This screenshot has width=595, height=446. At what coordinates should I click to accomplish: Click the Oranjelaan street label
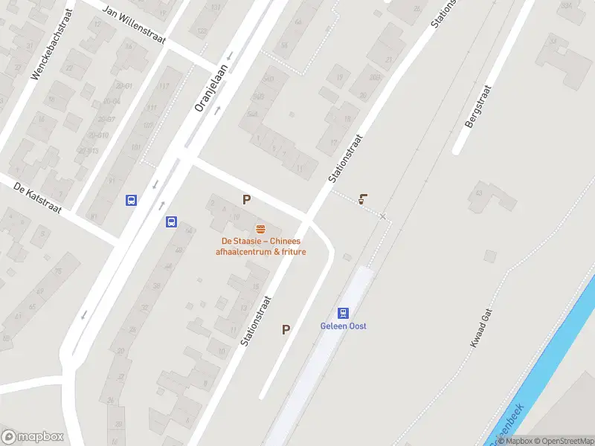pos(212,86)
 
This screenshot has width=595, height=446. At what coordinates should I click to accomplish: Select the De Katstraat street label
pos(36,197)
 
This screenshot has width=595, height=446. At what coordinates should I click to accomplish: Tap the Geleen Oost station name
pos(343,326)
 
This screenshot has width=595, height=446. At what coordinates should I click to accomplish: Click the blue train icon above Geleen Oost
pos(343,313)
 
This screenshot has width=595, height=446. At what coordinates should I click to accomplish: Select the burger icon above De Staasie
pos(260,228)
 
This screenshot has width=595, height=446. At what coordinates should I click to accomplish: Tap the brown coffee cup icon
pos(363,199)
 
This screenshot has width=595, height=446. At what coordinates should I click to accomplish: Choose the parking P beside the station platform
pos(286,329)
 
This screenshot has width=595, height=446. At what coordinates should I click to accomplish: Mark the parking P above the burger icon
pos(246,199)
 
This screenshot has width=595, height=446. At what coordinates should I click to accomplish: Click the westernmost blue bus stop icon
pos(131,200)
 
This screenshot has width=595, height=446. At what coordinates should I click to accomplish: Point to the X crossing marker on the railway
pos(383,216)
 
